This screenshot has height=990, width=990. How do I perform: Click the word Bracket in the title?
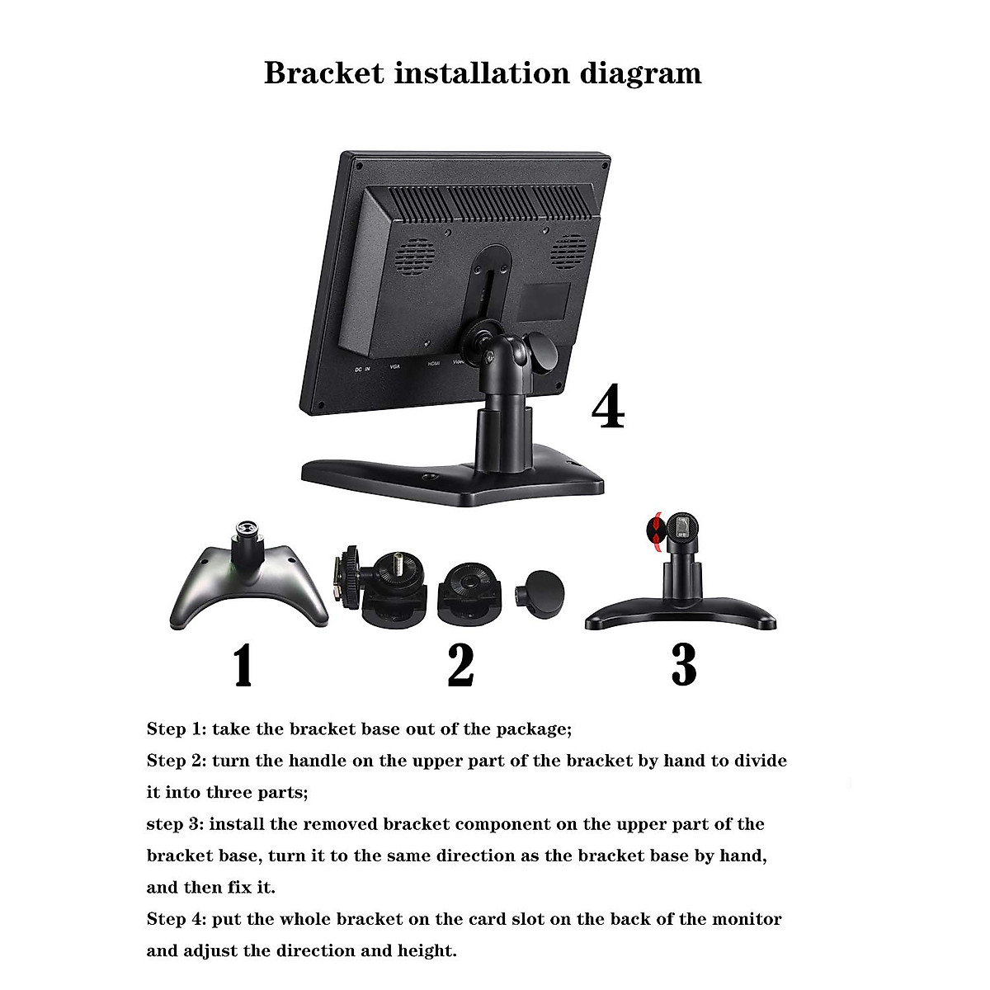(324, 73)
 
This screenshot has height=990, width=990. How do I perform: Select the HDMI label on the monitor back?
(434, 363)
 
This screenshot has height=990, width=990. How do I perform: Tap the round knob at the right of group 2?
(540, 592)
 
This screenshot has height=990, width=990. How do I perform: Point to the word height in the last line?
(427, 950)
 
